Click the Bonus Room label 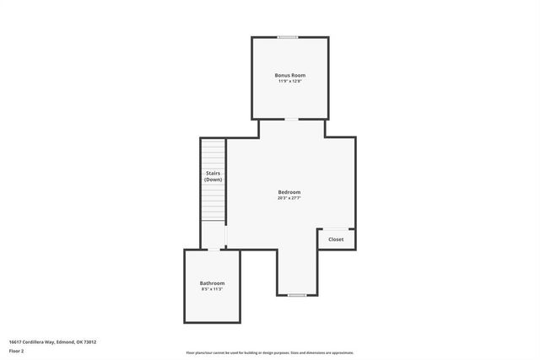coord(289,75)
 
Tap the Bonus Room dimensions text coord(289,82)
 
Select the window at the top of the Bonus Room coord(289,36)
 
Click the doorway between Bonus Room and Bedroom coord(290,120)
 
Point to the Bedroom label coord(289,192)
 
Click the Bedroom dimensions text coord(289,199)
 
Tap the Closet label coord(336,239)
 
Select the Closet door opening coord(336,228)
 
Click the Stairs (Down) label coord(213,176)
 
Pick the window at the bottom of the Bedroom coord(296,295)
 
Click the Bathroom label coord(212,282)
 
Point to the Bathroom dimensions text coord(212,289)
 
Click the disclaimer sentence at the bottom coord(269,352)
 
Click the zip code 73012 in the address coord(89,341)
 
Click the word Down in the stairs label coord(213,180)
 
